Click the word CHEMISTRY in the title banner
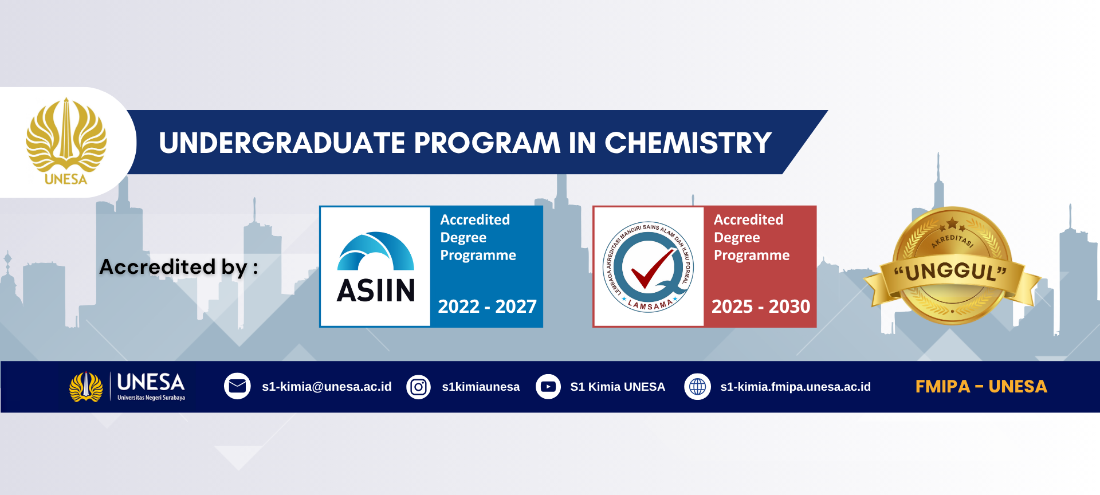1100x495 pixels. coord(688,143)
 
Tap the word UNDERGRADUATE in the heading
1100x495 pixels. coord(282,143)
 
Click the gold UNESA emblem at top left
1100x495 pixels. coord(66,141)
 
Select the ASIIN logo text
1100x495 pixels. coord(376,290)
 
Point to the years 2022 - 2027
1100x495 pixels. coord(487,307)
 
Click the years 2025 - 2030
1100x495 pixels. coord(761,307)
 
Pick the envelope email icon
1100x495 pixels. coord(237,387)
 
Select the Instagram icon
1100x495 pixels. coord(419,387)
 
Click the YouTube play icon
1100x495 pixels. coord(548,387)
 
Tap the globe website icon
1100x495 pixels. coord(697,387)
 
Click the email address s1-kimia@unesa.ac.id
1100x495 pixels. coord(327,387)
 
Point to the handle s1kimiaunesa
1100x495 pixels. coord(481,387)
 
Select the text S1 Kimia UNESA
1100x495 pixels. coord(618,387)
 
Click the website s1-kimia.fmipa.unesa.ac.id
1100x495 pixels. coord(795,387)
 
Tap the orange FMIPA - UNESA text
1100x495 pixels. coord(981,387)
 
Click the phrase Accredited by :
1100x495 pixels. coord(179,267)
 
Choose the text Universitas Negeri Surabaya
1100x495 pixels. coord(151,398)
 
